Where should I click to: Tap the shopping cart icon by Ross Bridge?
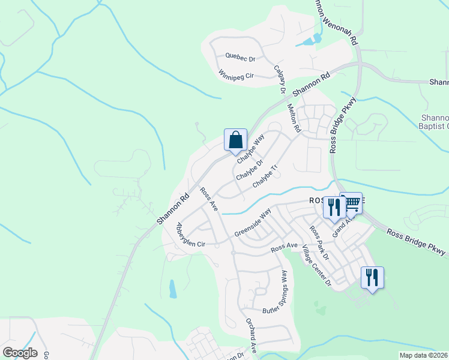[351, 203]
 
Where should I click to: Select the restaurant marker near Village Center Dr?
[372, 278]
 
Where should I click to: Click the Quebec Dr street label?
[240, 57]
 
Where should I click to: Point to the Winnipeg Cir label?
[237, 76]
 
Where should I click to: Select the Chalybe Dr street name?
[250, 169]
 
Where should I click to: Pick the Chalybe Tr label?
[267, 177]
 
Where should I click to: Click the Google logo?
[20, 353]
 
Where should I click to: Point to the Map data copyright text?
[424, 355]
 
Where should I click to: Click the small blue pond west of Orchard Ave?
[173, 289]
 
